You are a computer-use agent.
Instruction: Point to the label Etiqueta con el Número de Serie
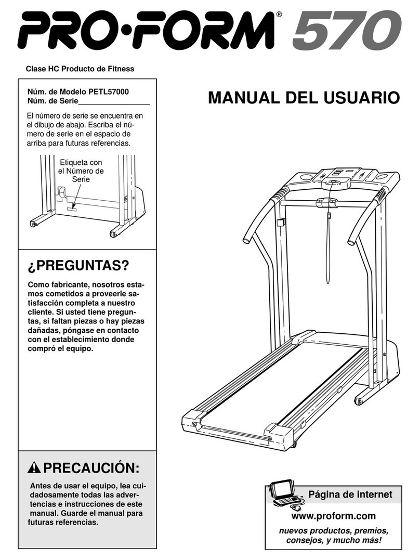81,171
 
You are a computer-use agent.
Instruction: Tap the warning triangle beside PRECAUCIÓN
35,468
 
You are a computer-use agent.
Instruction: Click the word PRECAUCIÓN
91,468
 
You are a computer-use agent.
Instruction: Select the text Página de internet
350,494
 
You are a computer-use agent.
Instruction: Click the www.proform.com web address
334,516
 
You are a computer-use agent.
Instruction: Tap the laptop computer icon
285,494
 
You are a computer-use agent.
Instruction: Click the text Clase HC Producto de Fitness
80,69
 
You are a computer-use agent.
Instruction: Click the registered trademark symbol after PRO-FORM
279,15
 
